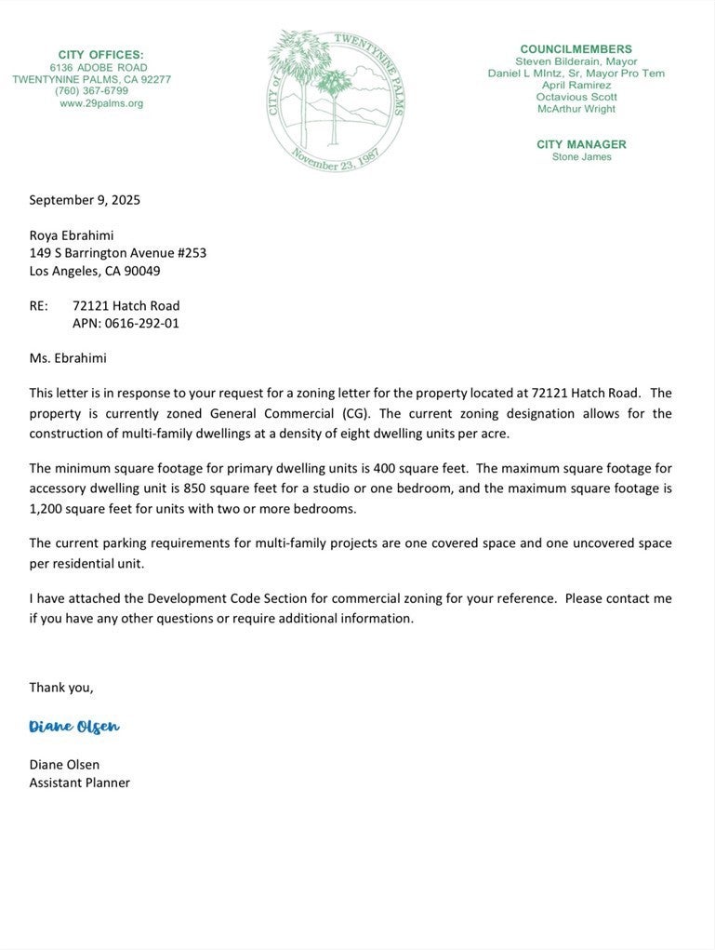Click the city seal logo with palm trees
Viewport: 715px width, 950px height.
(336, 100)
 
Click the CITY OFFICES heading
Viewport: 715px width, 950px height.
(100, 55)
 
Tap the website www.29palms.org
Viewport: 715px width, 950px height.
(101, 103)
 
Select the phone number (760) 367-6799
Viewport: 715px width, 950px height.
(91, 91)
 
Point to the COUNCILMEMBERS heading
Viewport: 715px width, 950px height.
(576, 49)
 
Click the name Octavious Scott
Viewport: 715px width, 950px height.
(576, 97)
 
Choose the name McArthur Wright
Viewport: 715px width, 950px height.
(576, 109)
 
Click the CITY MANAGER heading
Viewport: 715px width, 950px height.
(581, 144)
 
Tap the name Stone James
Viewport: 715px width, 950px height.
(582, 157)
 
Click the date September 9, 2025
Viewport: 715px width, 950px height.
(85, 199)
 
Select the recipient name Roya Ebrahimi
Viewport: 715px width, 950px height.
(72, 234)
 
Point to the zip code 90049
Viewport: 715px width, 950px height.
(143, 271)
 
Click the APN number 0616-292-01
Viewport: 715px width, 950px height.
(142, 323)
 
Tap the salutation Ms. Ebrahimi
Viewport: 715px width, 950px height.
(68, 357)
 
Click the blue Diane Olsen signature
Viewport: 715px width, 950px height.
(74, 727)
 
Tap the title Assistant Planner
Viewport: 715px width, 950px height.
(80, 783)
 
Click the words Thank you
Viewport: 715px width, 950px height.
(60, 687)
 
